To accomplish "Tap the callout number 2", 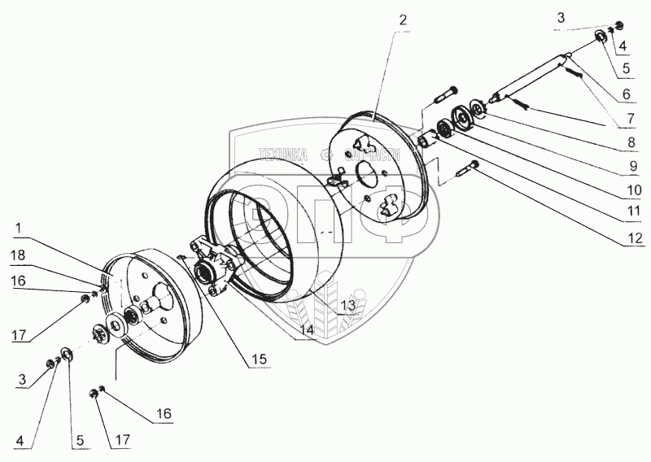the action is tap(404, 17).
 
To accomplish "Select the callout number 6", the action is tap(627, 94).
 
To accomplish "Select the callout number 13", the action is tap(348, 305).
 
